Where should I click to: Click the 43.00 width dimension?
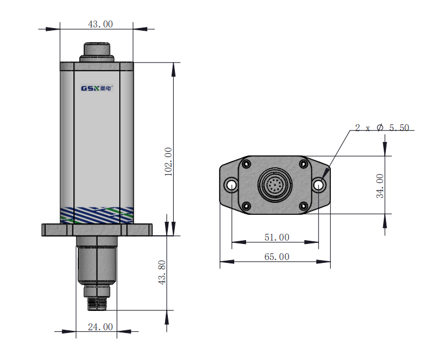click(100, 24)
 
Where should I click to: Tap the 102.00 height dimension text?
click(168, 162)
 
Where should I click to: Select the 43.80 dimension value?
click(162, 273)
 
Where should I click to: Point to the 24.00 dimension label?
click(100, 327)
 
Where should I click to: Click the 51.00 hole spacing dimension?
click(277, 237)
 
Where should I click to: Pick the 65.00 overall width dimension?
click(277, 257)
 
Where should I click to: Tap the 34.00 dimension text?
click(380, 186)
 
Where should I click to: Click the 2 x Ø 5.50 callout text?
click(382, 128)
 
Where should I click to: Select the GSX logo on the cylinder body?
click(97, 88)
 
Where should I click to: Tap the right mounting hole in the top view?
click(319, 185)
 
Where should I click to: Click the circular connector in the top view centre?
click(275, 185)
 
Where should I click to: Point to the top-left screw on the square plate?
click(247, 164)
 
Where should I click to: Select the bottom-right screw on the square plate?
click(303, 206)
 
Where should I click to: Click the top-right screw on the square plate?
click(303, 164)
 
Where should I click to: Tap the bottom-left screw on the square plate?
click(247, 206)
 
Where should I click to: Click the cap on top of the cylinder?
click(97, 52)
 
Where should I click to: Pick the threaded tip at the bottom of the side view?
click(97, 303)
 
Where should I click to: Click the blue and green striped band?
click(97, 215)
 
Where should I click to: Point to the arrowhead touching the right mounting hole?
click(325, 174)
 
